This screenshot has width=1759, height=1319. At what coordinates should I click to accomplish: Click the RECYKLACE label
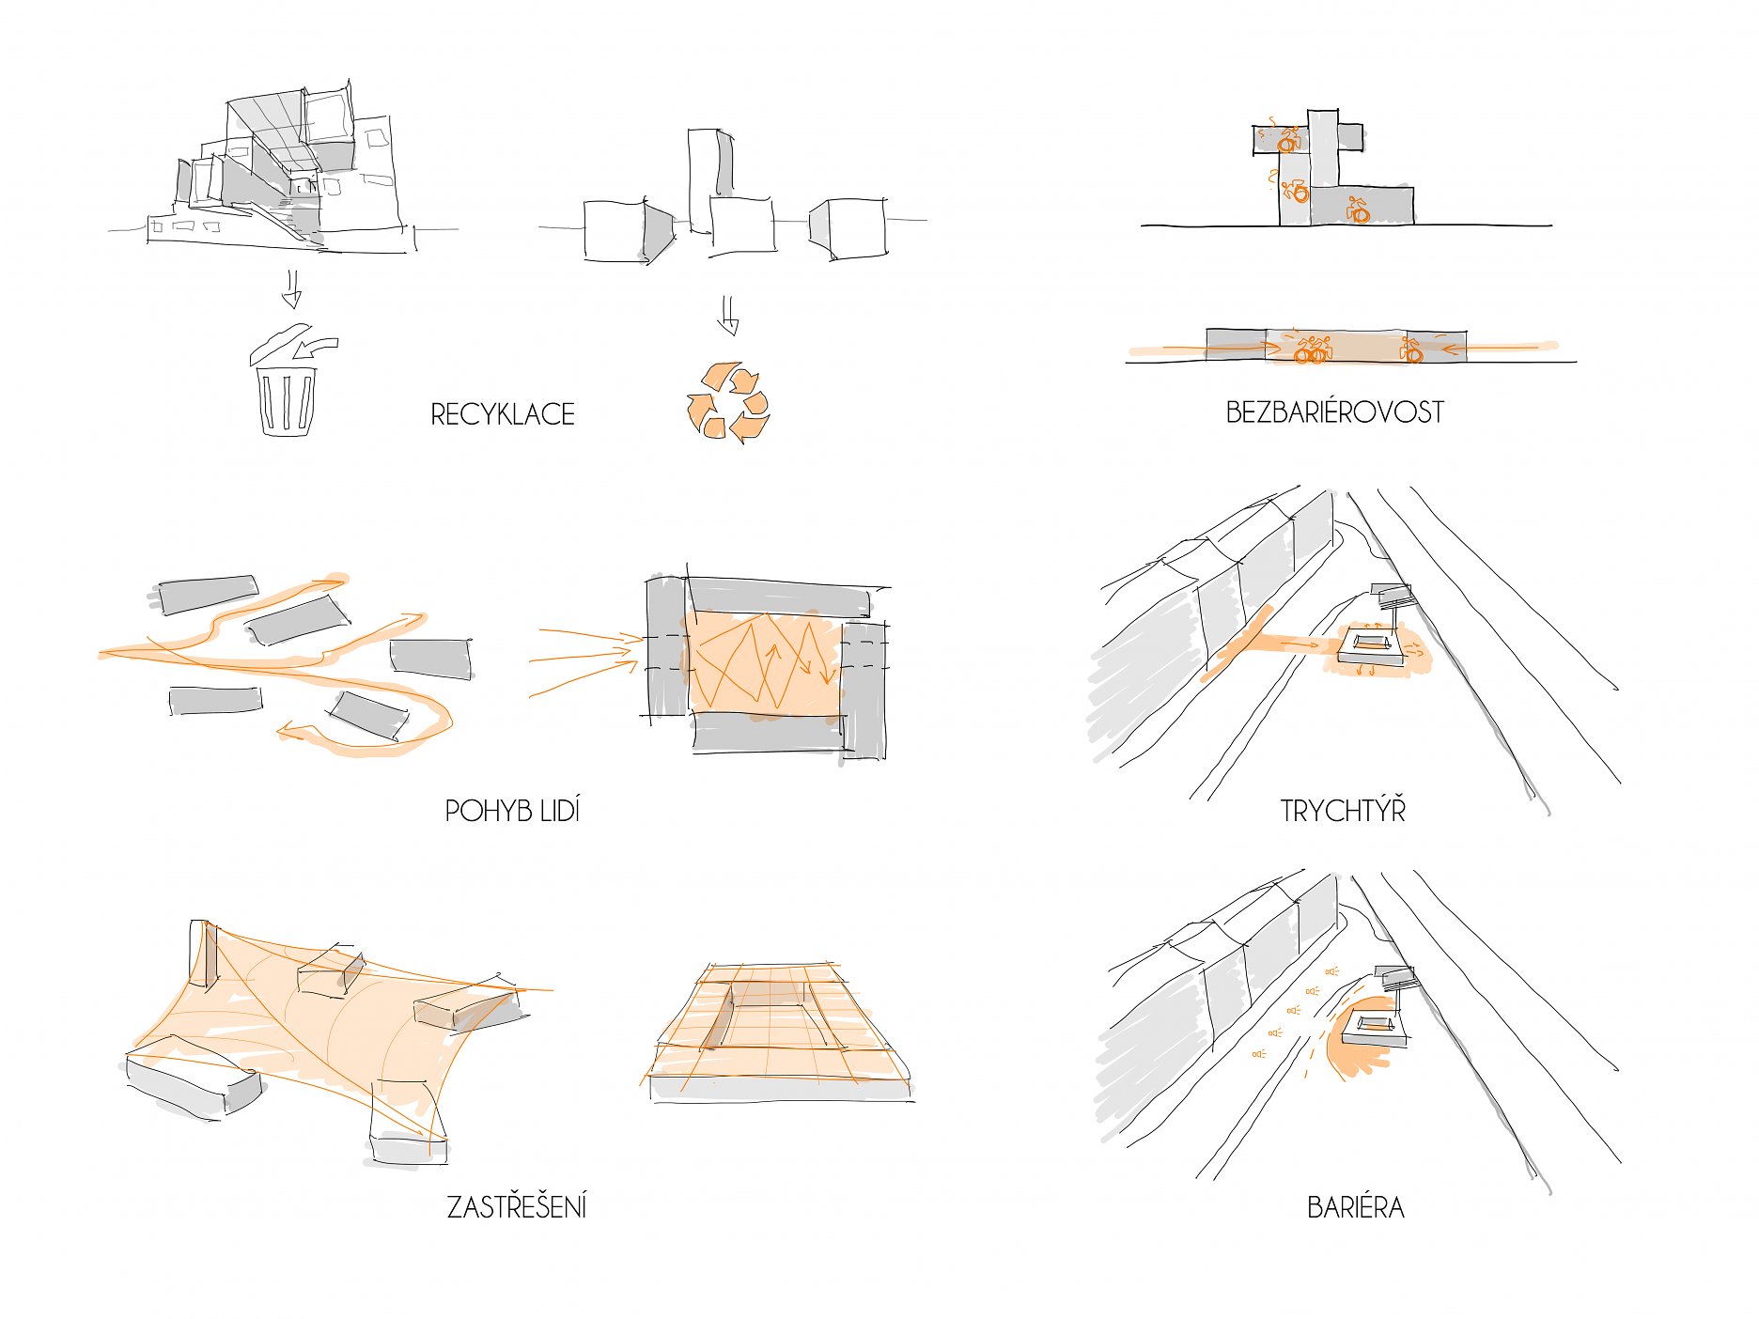tap(503, 414)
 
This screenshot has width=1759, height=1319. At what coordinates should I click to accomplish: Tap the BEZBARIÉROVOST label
tap(1334, 412)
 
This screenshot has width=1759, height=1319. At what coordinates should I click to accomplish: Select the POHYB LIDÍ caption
tap(512, 811)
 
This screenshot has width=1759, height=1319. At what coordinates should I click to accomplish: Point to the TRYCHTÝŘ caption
tap(1343, 810)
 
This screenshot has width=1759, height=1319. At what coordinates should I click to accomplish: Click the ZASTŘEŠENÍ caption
tap(517, 1206)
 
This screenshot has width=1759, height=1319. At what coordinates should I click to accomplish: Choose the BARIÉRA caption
tap(1355, 1207)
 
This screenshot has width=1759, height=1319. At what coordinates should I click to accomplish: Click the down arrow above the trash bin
tap(291, 289)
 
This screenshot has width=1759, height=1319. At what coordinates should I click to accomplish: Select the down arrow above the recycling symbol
tap(728, 316)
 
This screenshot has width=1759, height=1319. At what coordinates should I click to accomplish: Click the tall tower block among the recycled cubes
tap(710, 179)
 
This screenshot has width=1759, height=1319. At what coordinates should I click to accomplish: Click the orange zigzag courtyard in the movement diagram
tap(764, 662)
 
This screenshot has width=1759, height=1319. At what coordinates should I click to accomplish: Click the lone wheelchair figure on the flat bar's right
tap(1410, 350)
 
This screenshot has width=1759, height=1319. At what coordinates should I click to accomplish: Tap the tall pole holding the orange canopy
tap(201, 954)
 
